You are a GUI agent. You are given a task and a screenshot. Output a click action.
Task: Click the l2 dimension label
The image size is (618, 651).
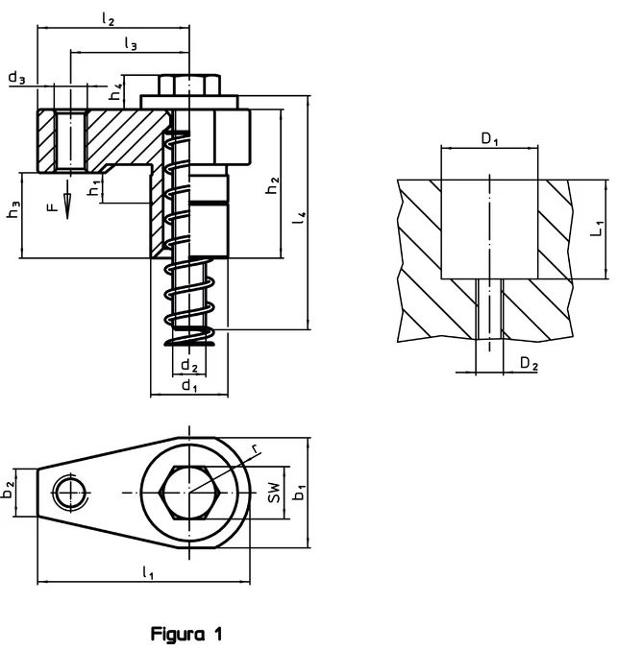click(108, 18)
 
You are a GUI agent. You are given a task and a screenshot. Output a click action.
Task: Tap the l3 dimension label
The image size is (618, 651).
click(131, 43)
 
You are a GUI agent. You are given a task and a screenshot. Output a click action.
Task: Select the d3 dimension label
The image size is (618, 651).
click(17, 77)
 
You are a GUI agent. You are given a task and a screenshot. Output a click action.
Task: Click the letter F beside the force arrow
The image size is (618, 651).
click(52, 206)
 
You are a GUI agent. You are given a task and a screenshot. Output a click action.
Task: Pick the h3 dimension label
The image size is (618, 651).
click(14, 210)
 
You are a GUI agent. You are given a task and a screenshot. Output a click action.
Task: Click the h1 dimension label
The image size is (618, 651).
click(95, 188)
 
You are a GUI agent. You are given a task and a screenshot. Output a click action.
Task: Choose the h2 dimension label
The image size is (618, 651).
click(273, 185)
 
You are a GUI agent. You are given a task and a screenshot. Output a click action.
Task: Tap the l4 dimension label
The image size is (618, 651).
click(300, 218)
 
